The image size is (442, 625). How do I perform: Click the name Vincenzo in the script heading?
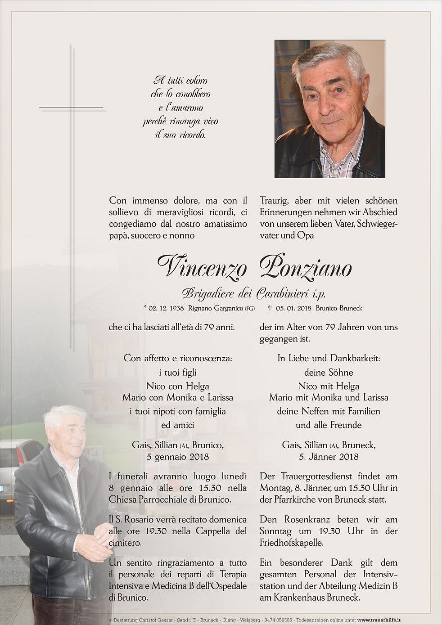tap(202, 268)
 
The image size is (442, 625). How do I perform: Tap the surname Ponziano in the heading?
tap(306, 268)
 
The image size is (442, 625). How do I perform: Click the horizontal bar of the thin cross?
tap(71, 108)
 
